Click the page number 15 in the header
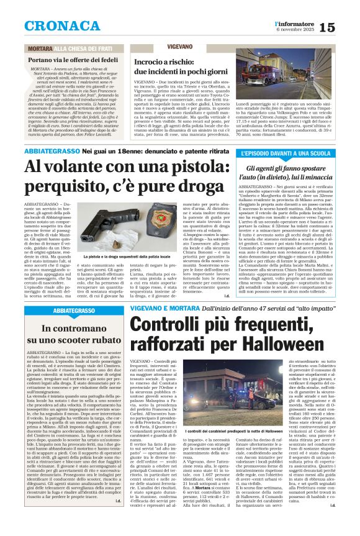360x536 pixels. pyautogui.click(x=344, y=27)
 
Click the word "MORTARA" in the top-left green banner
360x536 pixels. pyautogui.click(x=38, y=48)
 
